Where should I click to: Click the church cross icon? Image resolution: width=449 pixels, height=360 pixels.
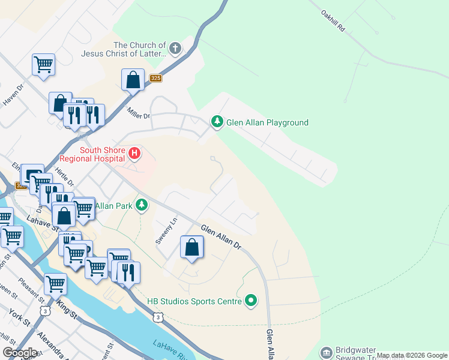(x=175, y=49)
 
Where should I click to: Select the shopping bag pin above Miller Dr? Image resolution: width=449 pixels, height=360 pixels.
(x=133, y=80)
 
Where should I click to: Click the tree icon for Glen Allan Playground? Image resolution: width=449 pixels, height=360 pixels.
(x=217, y=122)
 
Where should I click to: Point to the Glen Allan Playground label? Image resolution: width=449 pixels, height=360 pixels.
(x=267, y=123)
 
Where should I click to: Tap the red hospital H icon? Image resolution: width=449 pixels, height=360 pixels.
(x=135, y=154)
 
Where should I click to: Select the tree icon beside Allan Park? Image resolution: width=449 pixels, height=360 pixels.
(x=142, y=206)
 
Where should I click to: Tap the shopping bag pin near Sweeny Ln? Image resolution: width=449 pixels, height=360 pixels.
(x=191, y=247)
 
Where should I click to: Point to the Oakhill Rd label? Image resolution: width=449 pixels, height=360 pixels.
(x=334, y=19)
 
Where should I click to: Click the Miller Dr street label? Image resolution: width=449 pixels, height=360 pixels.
(x=137, y=112)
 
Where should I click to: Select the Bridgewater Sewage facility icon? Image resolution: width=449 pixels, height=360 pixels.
(x=327, y=352)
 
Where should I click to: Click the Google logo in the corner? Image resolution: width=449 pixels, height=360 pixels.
(x=20, y=352)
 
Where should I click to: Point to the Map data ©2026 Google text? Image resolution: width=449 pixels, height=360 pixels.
(x=412, y=355)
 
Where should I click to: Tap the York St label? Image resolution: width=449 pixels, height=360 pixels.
(x=19, y=318)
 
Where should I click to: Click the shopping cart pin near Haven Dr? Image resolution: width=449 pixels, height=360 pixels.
(x=44, y=64)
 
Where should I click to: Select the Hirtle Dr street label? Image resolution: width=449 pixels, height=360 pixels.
(x=64, y=176)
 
